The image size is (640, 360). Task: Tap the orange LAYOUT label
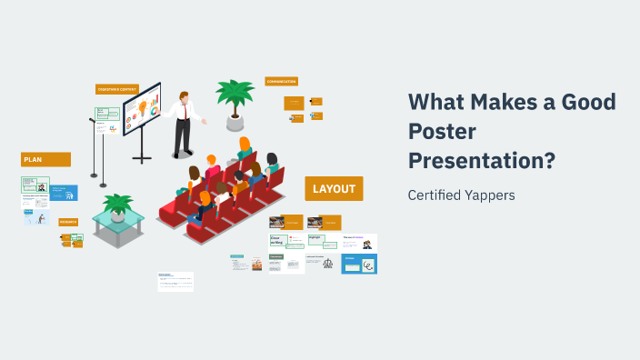click(x=334, y=189)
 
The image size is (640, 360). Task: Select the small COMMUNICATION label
click(x=282, y=81)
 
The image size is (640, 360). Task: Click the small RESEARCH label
click(x=68, y=222)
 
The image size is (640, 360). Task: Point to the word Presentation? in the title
click(x=482, y=161)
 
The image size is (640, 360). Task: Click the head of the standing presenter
click(x=185, y=96)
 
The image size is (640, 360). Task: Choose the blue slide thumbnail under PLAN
click(x=64, y=193)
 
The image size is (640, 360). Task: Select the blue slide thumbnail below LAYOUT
click(x=359, y=264)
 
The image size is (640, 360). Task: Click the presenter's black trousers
click(x=183, y=136)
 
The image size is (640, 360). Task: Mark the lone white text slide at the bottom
click(x=175, y=281)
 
